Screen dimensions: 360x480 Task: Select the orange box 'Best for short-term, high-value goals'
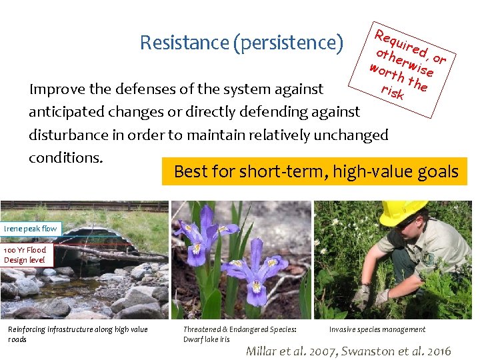tap(316, 171)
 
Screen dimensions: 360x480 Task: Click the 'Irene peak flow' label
tap(31, 229)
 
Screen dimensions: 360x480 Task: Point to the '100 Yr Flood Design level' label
tap(25, 255)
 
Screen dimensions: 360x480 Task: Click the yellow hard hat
tap(403, 212)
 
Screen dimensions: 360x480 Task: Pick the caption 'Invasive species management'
tap(377, 329)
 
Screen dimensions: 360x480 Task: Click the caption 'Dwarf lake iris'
tap(206, 339)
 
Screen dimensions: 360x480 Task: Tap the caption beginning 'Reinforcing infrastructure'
tap(77, 334)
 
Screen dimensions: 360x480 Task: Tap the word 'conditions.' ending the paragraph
tap(65, 157)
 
